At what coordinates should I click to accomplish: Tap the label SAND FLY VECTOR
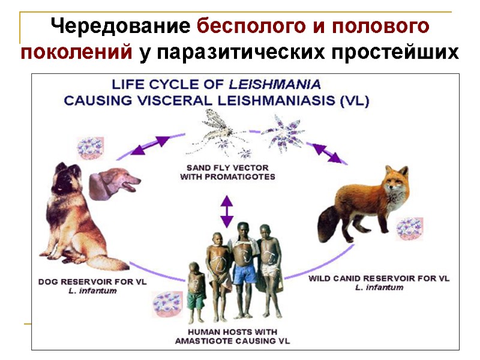coord(227,167)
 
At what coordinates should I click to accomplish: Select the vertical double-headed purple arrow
coord(226,210)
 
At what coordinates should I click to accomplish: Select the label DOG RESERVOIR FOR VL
coord(92,281)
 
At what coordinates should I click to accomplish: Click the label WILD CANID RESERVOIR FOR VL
coord(379,278)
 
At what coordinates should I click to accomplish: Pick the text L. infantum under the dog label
coord(92,291)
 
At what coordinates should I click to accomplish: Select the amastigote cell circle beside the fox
coord(409,229)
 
